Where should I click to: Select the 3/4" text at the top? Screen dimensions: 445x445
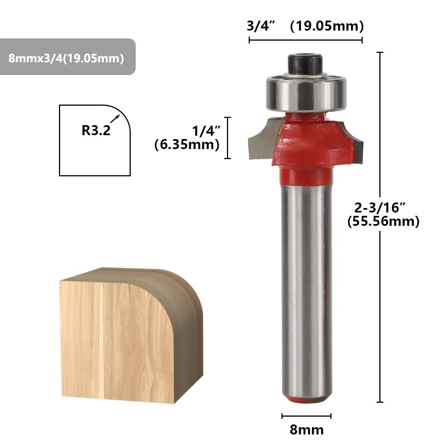[261, 26]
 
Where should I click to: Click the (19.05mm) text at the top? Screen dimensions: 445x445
[327, 26]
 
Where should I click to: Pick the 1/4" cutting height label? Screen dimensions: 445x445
[206, 131]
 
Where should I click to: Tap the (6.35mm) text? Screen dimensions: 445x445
[187, 145]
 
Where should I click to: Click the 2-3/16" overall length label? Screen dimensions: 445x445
[380, 207]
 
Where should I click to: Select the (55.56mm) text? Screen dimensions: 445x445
[383, 221]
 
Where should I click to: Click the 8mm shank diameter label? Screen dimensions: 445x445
[306, 429]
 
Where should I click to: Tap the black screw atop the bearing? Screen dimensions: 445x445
[305, 63]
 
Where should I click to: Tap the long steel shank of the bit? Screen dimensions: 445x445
[306, 289]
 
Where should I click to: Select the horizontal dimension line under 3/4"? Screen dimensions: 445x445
[305, 40]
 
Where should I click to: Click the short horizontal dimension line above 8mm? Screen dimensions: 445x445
[306, 416]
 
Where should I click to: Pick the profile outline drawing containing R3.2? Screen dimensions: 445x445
[95, 141]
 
